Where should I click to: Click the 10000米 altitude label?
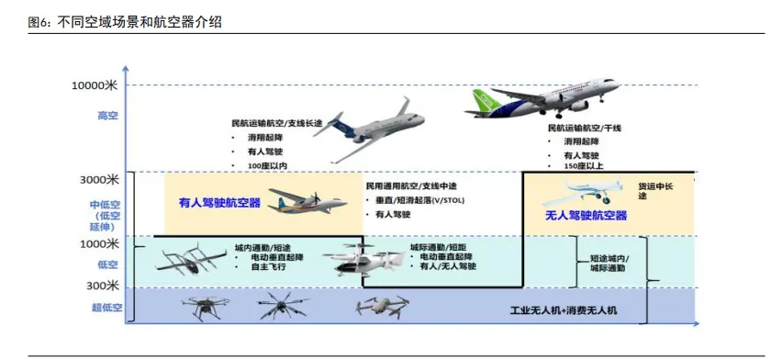coord(95,85)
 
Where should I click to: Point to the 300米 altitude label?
coord(103,286)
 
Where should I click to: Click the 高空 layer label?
coord(108,116)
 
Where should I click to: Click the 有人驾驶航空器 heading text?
coord(219,202)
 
